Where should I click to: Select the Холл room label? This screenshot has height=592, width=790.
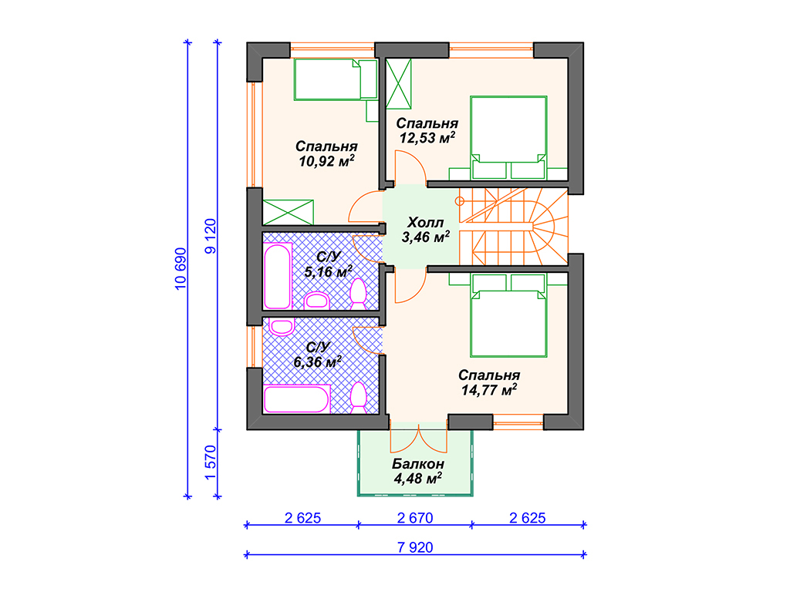[425, 222]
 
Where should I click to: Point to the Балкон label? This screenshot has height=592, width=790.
[417, 463]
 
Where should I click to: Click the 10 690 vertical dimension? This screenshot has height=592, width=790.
[181, 268]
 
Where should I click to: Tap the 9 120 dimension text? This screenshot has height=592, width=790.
[211, 236]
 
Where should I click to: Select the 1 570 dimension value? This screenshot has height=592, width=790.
[211, 462]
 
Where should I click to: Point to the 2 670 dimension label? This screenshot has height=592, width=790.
[414, 517]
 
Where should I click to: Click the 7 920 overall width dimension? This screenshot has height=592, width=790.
[414, 547]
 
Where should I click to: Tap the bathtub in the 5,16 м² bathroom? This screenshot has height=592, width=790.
[278, 276]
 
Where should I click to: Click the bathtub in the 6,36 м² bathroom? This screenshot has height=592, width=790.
[297, 399]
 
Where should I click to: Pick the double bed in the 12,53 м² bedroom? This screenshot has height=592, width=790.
[508, 137]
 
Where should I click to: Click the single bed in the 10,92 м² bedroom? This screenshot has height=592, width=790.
[336, 79]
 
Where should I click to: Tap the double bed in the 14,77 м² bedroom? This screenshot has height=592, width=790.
[508, 315]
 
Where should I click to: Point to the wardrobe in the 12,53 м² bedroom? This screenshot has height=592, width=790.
[399, 83]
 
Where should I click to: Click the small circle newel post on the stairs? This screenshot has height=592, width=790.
[460, 201]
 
